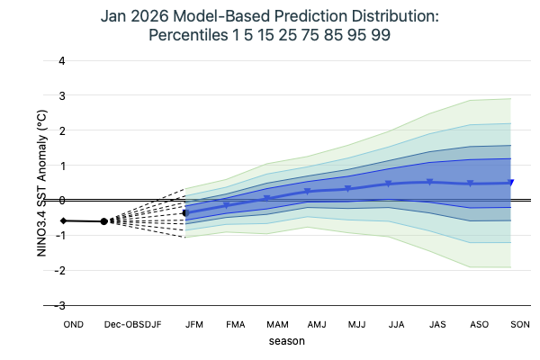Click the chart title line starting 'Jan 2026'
click(270, 17)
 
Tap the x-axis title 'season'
click(286, 341)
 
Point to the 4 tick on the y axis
click(61, 61)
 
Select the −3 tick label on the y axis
click(59, 306)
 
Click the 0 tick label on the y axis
click(61, 201)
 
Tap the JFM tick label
click(193, 323)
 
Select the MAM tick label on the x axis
click(275, 323)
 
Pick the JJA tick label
click(397, 323)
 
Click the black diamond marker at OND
click(64, 220)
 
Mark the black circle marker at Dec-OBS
click(104, 220)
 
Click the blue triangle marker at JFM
click(185, 213)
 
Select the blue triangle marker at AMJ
click(308, 191)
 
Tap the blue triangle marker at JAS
click(429, 182)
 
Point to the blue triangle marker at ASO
click(470, 184)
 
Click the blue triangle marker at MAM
click(267, 198)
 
